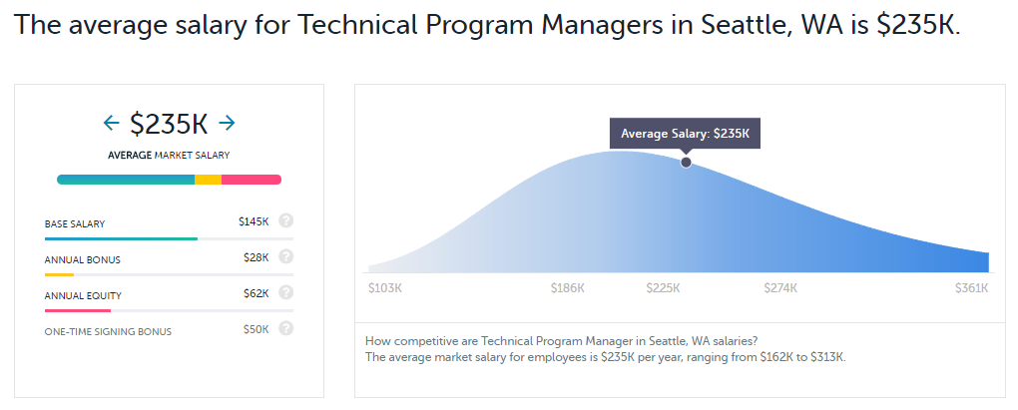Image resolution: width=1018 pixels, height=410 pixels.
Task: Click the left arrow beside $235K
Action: pos(111,123)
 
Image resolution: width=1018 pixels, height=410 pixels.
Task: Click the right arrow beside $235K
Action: pos(227,123)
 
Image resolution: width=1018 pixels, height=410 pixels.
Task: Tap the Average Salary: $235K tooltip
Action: pos(685,133)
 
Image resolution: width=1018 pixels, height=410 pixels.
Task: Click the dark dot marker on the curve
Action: pos(686,163)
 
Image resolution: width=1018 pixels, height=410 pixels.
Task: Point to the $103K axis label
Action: pos(385,288)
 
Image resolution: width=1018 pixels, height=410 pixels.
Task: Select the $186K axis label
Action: pos(568,288)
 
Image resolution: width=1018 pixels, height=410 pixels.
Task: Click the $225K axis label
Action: pos(663,288)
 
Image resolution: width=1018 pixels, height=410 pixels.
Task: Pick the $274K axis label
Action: pos(780,288)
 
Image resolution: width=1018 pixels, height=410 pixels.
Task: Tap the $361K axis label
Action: pos(971,288)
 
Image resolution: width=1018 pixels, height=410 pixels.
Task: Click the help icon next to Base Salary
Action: pos(286,221)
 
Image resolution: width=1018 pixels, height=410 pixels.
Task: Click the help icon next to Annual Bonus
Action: pos(286,257)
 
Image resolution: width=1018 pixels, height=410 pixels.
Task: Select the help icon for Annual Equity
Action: pos(286,293)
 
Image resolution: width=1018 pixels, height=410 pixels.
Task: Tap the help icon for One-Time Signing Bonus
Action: pos(286,329)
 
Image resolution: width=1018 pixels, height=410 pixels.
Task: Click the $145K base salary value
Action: pos(254,221)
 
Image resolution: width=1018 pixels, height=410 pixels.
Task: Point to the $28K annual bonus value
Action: pos(256,257)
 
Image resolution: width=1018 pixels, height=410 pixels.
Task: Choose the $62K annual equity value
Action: pos(256,293)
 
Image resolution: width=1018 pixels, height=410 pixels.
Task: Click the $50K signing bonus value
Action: pos(256,329)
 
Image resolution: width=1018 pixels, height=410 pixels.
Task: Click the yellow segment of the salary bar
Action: pos(208,180)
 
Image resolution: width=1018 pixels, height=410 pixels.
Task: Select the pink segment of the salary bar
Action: pos(251,180)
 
